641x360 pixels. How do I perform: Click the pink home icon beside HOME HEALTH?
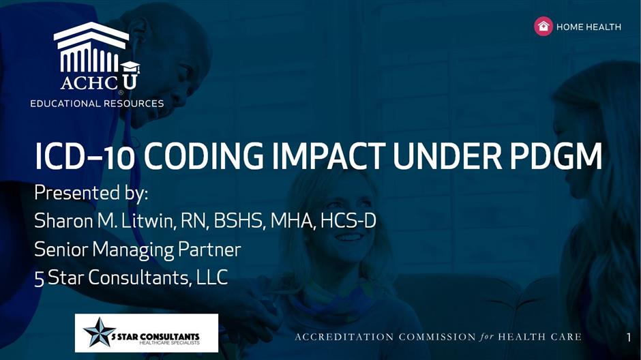pos(543,27)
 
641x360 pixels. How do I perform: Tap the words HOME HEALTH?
pos(588,27)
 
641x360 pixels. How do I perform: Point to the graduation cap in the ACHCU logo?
pos(130,67)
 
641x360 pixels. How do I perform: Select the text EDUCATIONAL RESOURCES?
pos(97,104)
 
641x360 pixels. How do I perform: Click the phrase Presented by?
pos(91,193)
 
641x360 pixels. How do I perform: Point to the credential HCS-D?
pos(348,221)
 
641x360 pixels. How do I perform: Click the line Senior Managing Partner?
pos(137,250)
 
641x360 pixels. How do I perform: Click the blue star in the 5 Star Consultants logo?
pos(100,332)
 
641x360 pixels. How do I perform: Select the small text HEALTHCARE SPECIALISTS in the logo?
pos(169,342)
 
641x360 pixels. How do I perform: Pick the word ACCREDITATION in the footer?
pos(344,337)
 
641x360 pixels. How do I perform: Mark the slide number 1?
pos(629,337)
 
